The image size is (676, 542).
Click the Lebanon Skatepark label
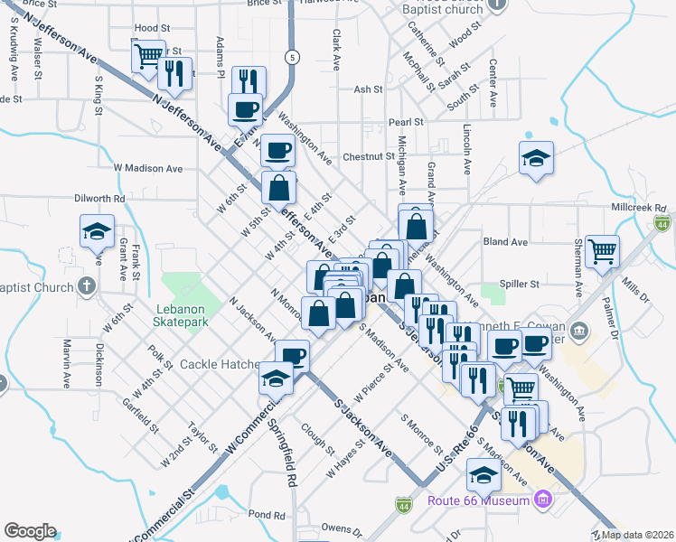(x=183, y=313)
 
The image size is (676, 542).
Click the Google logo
(x=30, y=530)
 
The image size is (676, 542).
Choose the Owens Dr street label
(x=341, y=527)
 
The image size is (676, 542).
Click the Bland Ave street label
(x=505, y=242)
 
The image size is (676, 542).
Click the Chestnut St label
(x=369, y=156)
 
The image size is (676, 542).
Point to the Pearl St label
(x=406, y=122)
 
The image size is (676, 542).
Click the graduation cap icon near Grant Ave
(x=97, y=231)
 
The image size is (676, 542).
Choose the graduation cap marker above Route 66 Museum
(x=484, y=474)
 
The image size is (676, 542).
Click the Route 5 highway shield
(x=292, y=57)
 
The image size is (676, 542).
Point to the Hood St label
(x=151, y=29)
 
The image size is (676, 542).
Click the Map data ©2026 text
(x=637, y=535)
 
